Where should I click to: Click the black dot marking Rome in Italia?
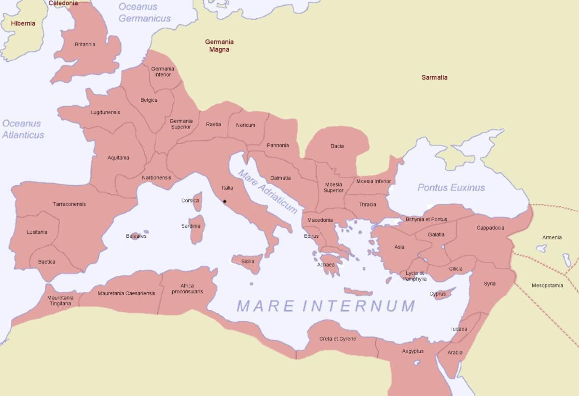tap(225, 202)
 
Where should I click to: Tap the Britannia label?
tap(85, 44)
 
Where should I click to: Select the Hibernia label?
tap(23, 23)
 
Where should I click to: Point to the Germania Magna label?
tap(219, 46)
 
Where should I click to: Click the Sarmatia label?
tap(434, 77)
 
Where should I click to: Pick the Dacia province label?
tap(337, 146)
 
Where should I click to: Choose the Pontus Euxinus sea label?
tap(451, 188)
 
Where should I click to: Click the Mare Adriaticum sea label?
tap(267, 191)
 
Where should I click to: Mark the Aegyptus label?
tap(413, 351)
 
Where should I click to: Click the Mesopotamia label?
tap(547, 286)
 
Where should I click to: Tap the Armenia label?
tap(551, 237)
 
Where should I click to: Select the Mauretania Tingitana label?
tap(60, 300)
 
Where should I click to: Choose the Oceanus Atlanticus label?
tap(23, 129)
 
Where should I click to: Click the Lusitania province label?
tap(37, 232)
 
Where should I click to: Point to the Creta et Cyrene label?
tap(338, 339)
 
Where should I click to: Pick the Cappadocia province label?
tap(490, 228)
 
